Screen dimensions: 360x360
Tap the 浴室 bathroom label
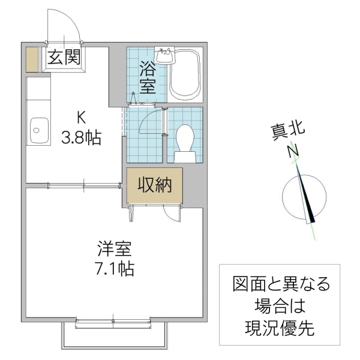[x=147, y=77]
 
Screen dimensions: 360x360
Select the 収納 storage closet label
[x=155, y=185]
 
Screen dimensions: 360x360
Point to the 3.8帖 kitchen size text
[x=80, y=138]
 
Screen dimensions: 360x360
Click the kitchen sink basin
[x=38, y=129]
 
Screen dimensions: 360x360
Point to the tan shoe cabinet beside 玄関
[x=32, y=59]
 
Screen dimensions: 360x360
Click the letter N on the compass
[x=293, y=152]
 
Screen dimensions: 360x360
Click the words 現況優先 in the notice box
[x=280, y=328]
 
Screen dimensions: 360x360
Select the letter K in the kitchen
[x=80, y=117]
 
